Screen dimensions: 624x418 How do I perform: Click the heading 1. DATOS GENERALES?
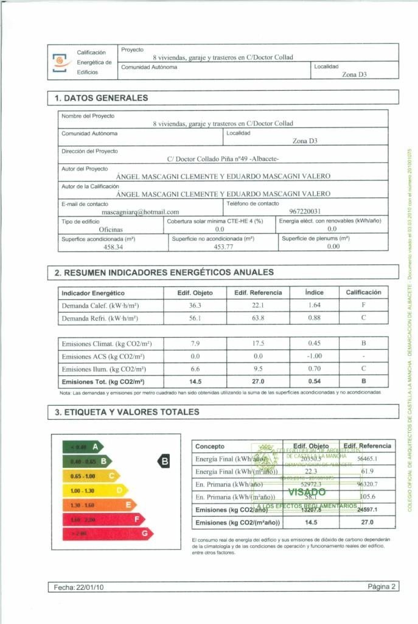pos(101,97)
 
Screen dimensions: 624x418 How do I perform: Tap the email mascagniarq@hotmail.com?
pos(140,211)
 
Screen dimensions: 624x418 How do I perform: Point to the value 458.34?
pos(113,247)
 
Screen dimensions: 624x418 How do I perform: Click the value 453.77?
pos(223,247)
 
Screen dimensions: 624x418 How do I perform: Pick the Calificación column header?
pos(363,292)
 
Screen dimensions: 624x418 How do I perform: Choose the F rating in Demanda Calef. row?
pos(363,305)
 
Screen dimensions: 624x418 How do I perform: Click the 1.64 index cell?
pos(314,305)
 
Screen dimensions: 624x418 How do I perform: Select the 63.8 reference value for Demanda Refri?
pos(258,318)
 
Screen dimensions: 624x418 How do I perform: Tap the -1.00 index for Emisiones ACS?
pos(314,356)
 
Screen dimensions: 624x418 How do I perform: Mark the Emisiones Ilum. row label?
pos(94,369)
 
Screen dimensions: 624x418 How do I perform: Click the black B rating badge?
pos(165,461)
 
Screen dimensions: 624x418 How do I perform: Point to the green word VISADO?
pos(307,492)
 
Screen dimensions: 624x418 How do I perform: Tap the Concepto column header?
pos(210,447)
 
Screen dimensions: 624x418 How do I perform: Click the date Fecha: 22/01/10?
pos(78,587)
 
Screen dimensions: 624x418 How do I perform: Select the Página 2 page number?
pos(382,587)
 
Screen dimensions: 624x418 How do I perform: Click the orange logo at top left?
pos(60,62)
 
